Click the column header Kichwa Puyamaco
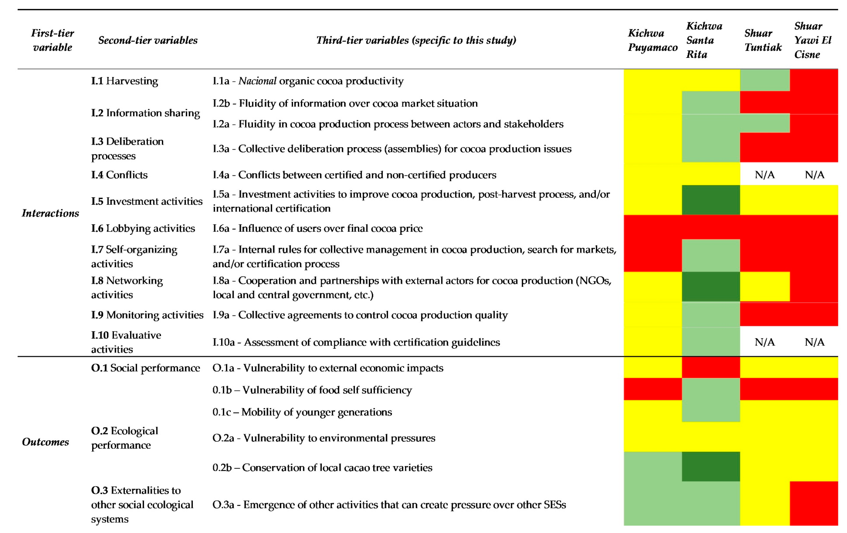tap(653, 40)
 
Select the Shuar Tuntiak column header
tap(763, 40)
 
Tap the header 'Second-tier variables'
tap(148, 40)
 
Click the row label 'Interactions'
tap(50, 213)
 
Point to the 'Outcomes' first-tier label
tap(45, 442)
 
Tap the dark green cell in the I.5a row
tap(711, 200)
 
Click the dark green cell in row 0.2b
tap(711, 467)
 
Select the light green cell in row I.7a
tap(711, 255)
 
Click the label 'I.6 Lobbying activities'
tap(143, 228)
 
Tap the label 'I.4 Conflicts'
tap(119, 175)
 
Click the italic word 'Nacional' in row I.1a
tap(257, 81)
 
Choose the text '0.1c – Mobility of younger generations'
tap(302, 412)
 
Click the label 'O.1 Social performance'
tap(145, 368)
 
